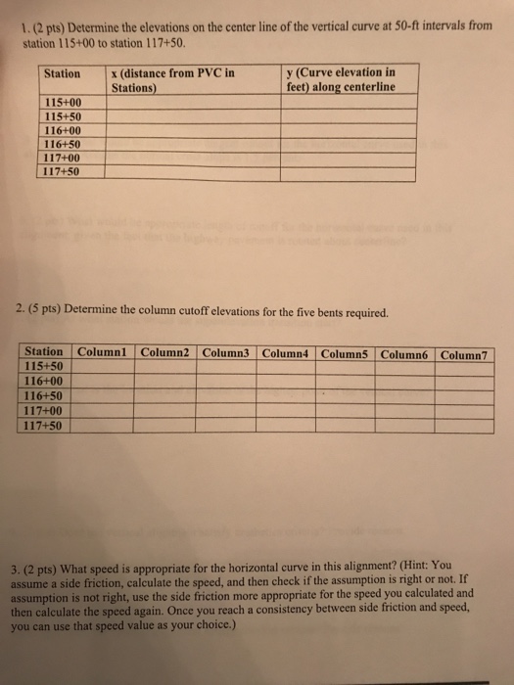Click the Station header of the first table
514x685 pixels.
point(63,73)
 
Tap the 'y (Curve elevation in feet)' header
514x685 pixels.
point(340,79)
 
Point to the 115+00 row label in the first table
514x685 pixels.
point(63,103)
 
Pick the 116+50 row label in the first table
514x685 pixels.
point(63,143)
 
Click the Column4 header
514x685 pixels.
point(285,352)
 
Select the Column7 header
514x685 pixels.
point(467,353)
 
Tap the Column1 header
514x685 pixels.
point(104,351)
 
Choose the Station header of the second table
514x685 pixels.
point(44,351)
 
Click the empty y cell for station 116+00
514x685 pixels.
point(350,129)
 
